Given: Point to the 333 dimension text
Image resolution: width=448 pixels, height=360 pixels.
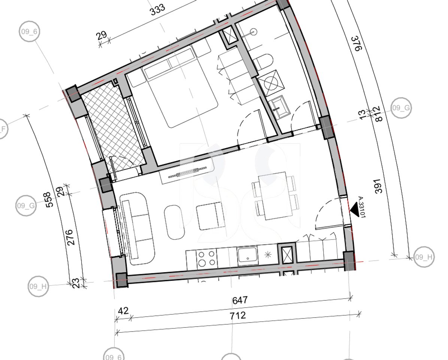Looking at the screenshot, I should [x=158, y=10].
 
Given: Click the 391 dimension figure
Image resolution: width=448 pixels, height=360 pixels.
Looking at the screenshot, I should [x=379, y=186].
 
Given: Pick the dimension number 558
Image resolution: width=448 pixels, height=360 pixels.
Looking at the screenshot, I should [x=48, y=199].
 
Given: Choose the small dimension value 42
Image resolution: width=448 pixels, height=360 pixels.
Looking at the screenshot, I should [x=123, y=311].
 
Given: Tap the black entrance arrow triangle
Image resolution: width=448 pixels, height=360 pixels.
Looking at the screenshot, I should [x=354, y=208].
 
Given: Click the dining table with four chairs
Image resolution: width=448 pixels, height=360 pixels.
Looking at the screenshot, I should [x=275, y=196].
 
